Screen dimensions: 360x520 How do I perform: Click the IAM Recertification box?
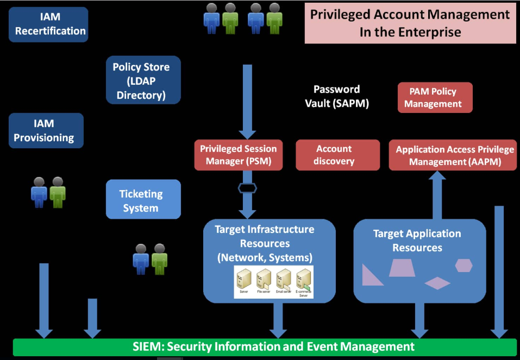point(48,24)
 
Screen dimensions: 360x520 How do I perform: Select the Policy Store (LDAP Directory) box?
point(143,80)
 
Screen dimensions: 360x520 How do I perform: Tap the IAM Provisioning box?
point(46,130)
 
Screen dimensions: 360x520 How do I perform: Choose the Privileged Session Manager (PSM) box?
point(239,155)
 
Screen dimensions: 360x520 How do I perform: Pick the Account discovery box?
point(337,155)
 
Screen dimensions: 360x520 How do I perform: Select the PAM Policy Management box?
point(435,98)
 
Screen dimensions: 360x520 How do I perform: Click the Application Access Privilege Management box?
point(454,155)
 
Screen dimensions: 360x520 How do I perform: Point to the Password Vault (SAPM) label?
point(337,97)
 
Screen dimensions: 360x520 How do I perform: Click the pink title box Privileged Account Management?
point(410,23)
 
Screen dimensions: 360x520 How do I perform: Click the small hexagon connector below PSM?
point(247,188)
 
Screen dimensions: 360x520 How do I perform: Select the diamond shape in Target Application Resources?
point(437,283)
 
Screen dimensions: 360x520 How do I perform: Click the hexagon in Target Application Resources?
point(463,266)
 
